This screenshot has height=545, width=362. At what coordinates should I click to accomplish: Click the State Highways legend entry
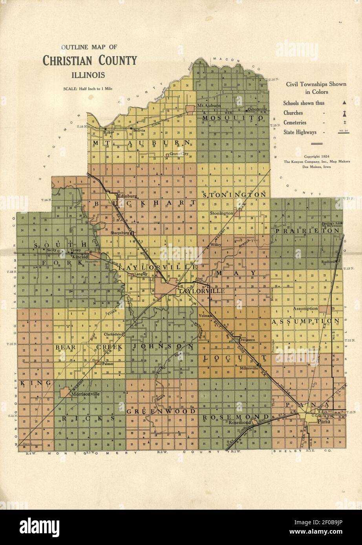coord(301,132)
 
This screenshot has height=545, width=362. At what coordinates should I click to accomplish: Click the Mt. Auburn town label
coord(208,105)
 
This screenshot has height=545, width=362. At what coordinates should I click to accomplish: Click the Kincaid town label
coord(80,255)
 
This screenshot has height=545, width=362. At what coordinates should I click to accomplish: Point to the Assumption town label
coord(305,309)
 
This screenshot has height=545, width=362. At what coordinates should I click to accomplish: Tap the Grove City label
coord(179,154)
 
